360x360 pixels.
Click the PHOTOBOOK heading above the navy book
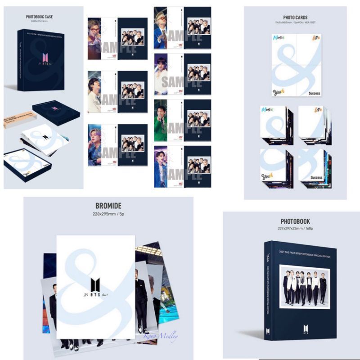[295, 221]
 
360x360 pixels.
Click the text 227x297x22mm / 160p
[295, 229]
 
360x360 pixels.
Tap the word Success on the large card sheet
[315, 93]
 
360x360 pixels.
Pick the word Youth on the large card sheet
[279, 92]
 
